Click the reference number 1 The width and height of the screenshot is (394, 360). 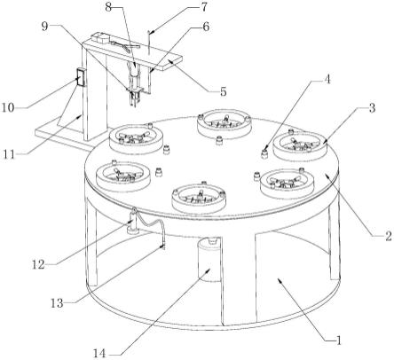coord(339,340)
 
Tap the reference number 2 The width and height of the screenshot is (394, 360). coord(389,236)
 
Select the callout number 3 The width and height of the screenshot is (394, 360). coord(372,108)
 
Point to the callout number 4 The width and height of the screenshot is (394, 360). coord(327,80)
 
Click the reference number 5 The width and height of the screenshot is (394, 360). coord(224,91)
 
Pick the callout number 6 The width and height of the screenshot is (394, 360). coord(206,27)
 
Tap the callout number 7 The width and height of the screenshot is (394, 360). coord(205,7)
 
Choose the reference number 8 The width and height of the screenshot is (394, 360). coord(108,7)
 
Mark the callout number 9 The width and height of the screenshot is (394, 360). coord(44,27)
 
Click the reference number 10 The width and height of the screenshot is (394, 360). coord(8,108)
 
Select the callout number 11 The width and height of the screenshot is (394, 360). coord(9,154)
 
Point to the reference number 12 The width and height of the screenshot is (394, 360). coord(38,264)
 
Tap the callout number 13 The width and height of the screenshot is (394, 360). coord(57,303)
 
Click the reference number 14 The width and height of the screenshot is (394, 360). coord(99,354)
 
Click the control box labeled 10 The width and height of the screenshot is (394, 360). coord(81,77)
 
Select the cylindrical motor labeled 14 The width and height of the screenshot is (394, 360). coord(209,260)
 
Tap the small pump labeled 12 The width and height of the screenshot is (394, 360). coord(134,223)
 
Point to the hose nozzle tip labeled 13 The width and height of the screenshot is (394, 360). coord(162,247)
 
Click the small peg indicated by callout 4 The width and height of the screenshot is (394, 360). coord(264,153)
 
